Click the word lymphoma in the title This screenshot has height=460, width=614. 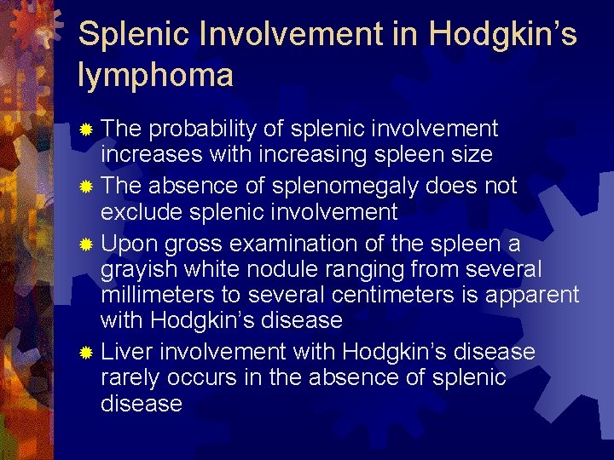click(x=154, y=77)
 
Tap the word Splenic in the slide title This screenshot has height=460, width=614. click(x=127, y=35)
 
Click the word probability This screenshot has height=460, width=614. click(x=202, y=129)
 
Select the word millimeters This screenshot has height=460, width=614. click(x=156, y=296)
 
